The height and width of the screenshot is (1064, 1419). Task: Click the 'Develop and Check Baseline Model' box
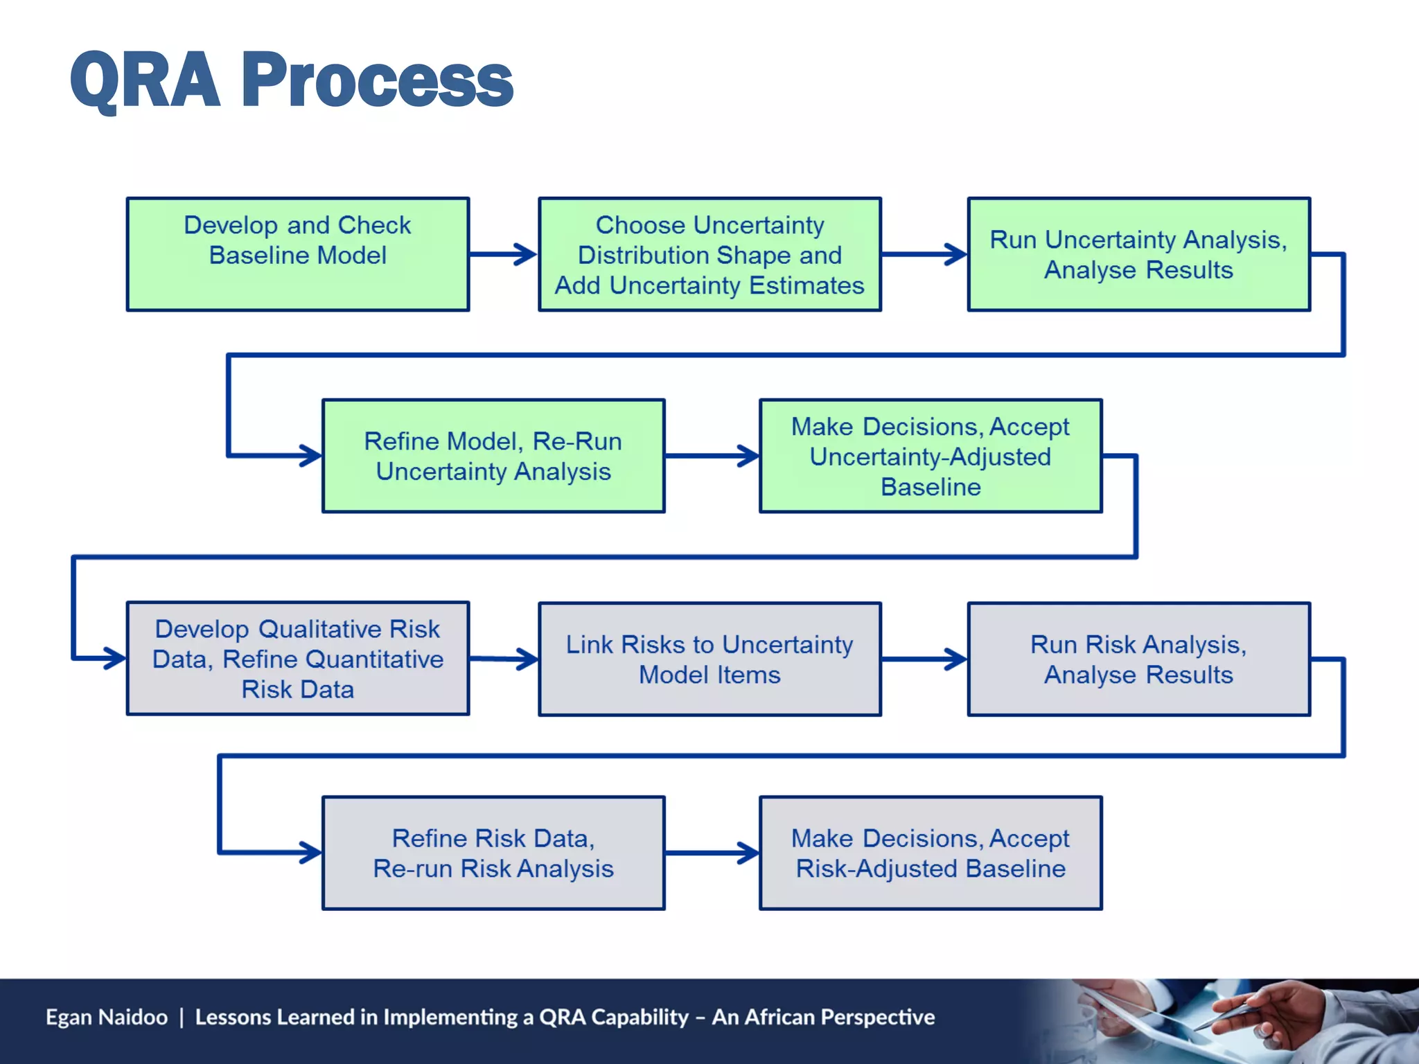point(298,254)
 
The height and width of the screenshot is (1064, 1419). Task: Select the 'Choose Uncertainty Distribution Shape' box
point(709,254)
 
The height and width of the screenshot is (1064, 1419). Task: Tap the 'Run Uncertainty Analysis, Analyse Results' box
point(1138,254)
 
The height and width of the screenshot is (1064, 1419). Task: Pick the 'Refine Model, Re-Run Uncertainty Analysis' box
point(493,456)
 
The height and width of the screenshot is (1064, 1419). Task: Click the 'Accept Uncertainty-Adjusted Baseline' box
point(931,456)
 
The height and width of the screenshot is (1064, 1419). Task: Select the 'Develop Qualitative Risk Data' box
point(298,658)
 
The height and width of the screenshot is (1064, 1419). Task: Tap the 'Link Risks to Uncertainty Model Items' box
point(709,659)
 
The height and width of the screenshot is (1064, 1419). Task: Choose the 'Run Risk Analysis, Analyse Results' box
point(1138,659)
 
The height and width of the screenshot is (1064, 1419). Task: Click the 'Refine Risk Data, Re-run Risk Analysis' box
point(493,853)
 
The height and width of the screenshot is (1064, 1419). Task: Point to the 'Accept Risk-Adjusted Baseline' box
point(931,853)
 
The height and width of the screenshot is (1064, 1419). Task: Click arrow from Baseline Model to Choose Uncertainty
point(503,254)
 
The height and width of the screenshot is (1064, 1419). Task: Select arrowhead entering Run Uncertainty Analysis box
point(956,254)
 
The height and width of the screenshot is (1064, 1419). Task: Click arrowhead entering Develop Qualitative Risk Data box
point(114,658)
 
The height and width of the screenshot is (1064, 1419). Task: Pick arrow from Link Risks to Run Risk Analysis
point(924,659)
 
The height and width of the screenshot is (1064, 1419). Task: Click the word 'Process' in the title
point(378,81)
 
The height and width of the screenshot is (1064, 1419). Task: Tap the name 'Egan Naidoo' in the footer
point(107,1017)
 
